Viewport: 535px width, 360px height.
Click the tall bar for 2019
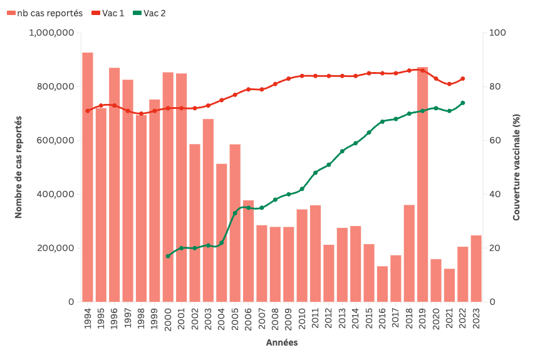tap(423, 184)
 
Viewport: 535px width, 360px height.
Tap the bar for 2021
tap(449, 285)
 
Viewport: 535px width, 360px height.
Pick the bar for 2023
tap(476, 269)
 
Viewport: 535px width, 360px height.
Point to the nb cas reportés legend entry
tap(45, 13)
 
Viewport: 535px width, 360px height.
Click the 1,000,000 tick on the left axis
tap(53, 33)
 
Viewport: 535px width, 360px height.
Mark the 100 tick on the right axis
tap(496, 33)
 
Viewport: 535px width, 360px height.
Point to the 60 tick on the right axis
tap(494, 140)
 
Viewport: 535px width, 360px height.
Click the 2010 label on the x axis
tap(302, 319)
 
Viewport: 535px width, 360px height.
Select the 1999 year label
tap(155, 319)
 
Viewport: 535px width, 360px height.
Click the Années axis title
tap(282, 343)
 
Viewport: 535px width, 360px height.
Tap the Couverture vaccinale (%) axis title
tap(517, 167)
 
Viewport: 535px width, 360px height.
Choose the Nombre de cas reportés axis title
tap(18, 167)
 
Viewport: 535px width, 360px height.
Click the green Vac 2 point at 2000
tap(168, 256)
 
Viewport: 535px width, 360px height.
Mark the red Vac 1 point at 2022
tap(463, 79)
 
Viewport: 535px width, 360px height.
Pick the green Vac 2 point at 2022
tap(463, 103)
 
